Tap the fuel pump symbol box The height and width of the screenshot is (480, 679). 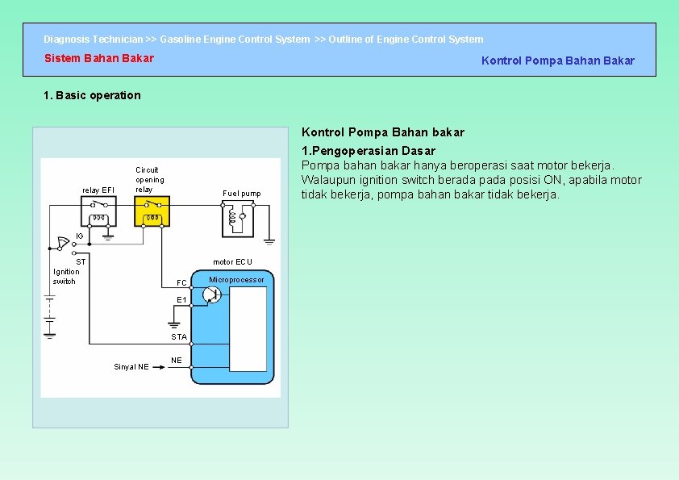pos(241,217)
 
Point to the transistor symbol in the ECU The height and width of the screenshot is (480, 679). pos(211,294)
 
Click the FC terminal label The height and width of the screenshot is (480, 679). pos(181,282)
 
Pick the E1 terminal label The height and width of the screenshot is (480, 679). pos(181,300)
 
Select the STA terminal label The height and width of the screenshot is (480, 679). pos(179,337)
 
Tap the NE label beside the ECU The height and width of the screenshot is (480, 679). pos(177,360)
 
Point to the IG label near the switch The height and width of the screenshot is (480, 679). pos(79,236)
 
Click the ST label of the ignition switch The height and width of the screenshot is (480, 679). pos(81,262)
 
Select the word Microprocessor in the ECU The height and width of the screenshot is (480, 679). pos(236,280)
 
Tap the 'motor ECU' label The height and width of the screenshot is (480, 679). pos(232,262)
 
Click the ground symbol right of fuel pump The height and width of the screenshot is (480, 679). pos(269,240)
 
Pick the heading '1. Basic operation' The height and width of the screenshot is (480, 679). pos(92,95)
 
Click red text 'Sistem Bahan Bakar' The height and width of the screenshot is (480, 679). pos(98,58)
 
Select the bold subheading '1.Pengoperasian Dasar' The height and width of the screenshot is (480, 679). pos(369,151)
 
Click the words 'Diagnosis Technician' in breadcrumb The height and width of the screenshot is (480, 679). pos(93,39)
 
